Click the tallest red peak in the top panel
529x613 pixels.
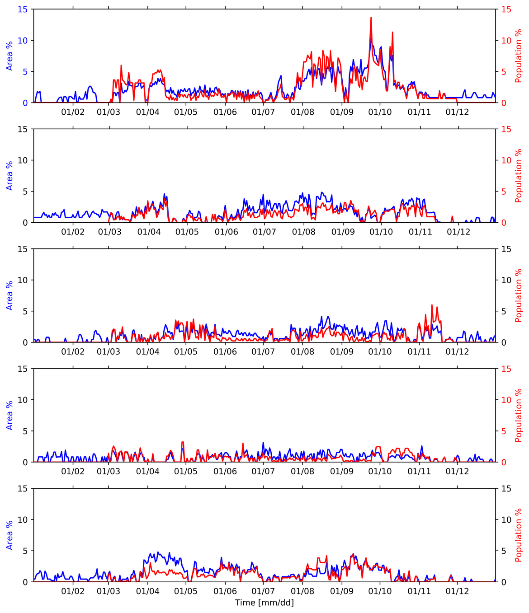[x=371, y=18]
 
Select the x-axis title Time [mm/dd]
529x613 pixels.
[x=264, y=603]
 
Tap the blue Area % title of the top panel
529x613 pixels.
[x=9, y=56]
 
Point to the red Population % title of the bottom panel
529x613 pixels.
[x=519, y=535]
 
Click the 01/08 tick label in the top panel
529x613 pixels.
[x=302, y=112]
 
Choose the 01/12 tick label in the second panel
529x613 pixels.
[x=458, y=232]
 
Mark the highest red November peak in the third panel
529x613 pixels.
[x=432, y=305]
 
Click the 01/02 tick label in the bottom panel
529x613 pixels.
[x=73, y=591]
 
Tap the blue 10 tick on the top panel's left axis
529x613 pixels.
[x=23, y=41]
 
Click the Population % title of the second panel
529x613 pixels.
[x=519, y=176]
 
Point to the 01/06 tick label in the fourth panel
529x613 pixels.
[x=225, y=471]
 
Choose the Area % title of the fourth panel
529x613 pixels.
[x=9, y=415]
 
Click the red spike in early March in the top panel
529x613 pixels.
[x=121, y=66]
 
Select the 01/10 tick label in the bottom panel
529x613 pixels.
[x=380, y=591]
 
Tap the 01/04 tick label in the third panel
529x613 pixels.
[x=148, y=351]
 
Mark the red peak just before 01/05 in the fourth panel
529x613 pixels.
[x=182, y=442]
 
